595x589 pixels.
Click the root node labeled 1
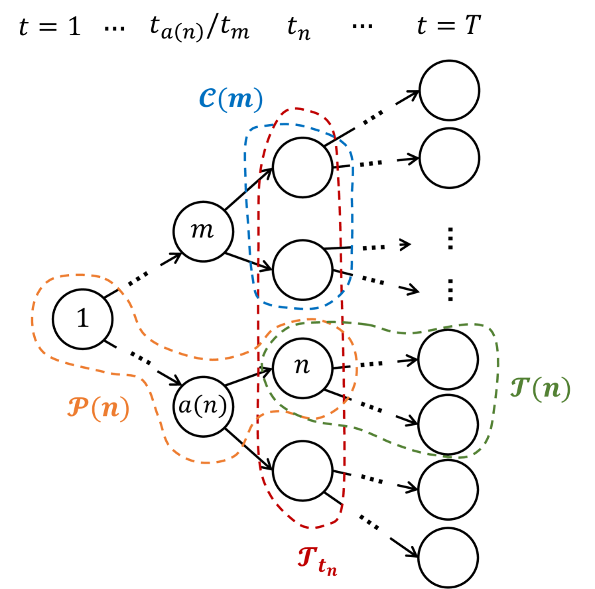(x=82, y=319)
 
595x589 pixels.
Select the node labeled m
(x=203, y=231)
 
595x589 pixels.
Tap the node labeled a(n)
(x=204, y=405)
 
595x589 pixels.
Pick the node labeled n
(x=302, y=367)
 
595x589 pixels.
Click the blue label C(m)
(x=231, y=99)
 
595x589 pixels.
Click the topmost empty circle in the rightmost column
(x=448, y=90)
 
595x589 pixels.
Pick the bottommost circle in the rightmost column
(x=448, y=556)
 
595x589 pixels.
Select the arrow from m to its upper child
(x=249, y=190)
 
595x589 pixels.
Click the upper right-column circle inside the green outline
(x=448, y=359)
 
